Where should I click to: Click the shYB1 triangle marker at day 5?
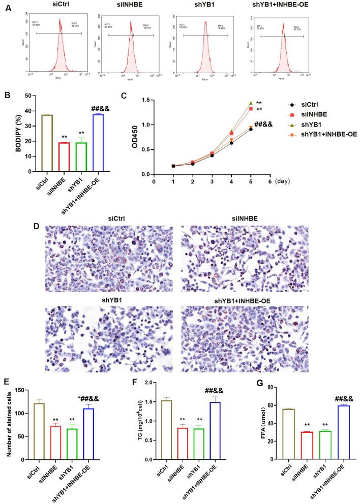[x=251, y=103]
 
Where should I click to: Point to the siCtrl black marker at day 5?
[x=251, y=129]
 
